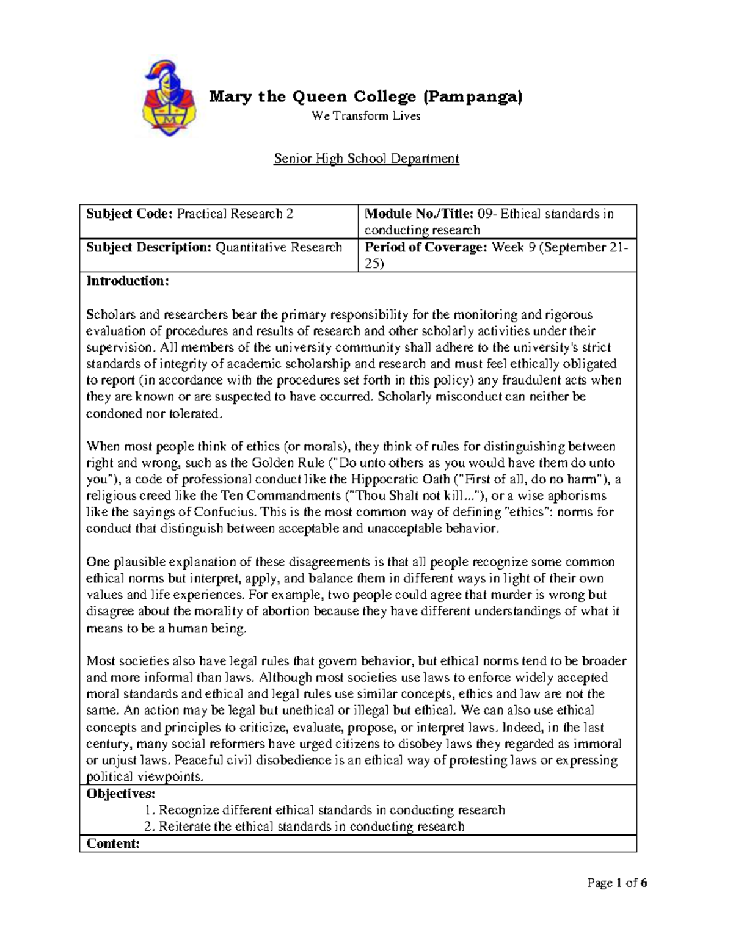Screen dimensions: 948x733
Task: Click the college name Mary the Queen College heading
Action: point(366,96)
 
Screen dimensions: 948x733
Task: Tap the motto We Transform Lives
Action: point(366,116)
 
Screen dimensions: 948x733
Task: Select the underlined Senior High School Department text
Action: point(366,159)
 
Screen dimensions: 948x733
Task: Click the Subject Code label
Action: point(129,214)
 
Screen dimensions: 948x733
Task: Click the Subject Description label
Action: point(148,247)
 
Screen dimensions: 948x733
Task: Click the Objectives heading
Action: point(121,794)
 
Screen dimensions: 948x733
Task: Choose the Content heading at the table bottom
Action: point(113,844)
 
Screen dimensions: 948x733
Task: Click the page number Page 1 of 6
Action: point(617,883)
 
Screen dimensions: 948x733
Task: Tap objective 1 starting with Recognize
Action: point(325,810)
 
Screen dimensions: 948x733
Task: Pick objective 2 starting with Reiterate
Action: point(304,827)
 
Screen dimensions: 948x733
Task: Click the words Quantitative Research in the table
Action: point(279,247)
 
